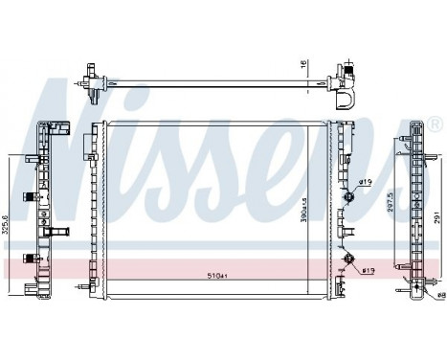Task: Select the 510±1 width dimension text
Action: [219, 276]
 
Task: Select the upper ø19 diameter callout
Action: [364, 182]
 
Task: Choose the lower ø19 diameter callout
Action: [368, 270]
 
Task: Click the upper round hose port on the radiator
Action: [348, 196]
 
